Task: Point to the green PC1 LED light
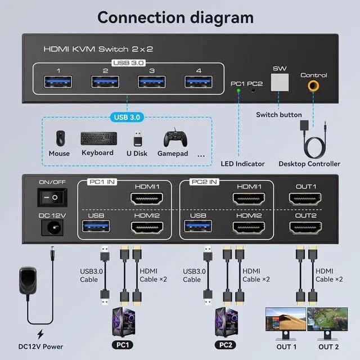click(238, 90)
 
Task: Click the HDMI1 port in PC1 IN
click(146, 199)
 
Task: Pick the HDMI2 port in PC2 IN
click(249, 227)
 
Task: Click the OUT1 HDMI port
click(306, 199)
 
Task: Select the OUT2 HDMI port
click(306, 227)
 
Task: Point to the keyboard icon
click(99, 138)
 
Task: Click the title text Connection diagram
click(175, 17)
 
